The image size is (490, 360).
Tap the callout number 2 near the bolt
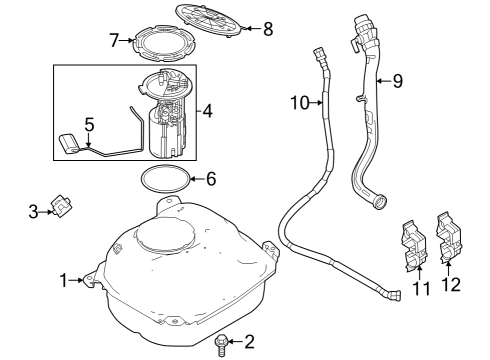click(249, 343)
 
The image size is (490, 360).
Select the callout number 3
click(33, 211)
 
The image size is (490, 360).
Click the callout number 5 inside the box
click(88, 126)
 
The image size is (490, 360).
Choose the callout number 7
click(115, 40)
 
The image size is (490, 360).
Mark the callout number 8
click(267, 28)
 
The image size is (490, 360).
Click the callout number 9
click(397, 81)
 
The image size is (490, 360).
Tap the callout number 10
click(297, 100)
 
